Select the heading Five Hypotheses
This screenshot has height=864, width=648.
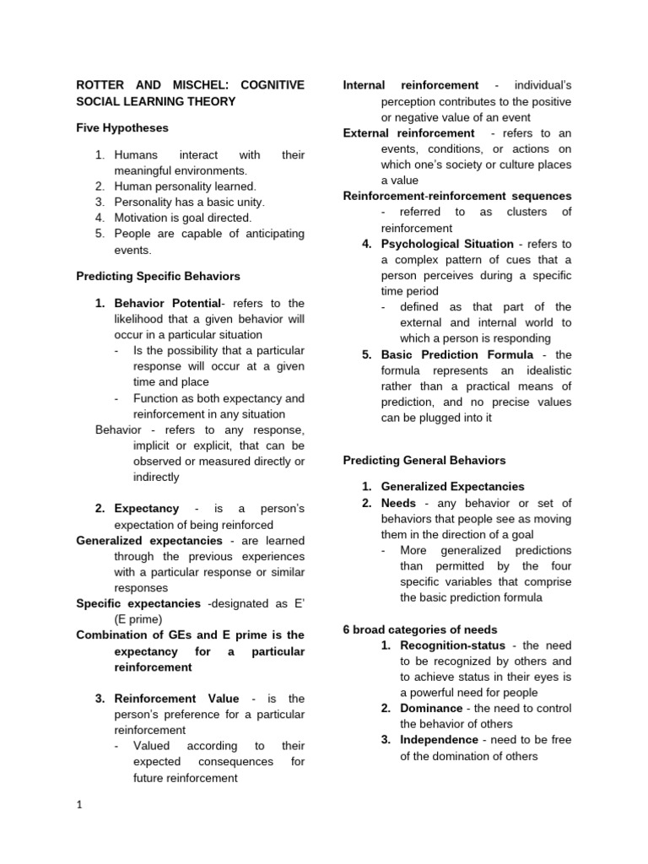122,128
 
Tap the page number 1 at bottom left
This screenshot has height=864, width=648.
79,805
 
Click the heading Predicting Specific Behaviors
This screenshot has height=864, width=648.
158,276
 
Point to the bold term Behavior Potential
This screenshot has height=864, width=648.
166,303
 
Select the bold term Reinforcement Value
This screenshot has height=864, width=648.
176,699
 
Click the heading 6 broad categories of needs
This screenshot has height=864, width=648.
420,629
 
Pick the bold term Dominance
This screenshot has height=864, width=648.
431,708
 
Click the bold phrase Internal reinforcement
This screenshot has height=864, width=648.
411,85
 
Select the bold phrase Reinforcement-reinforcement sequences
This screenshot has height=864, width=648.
456,196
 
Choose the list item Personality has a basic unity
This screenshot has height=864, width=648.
189,202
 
